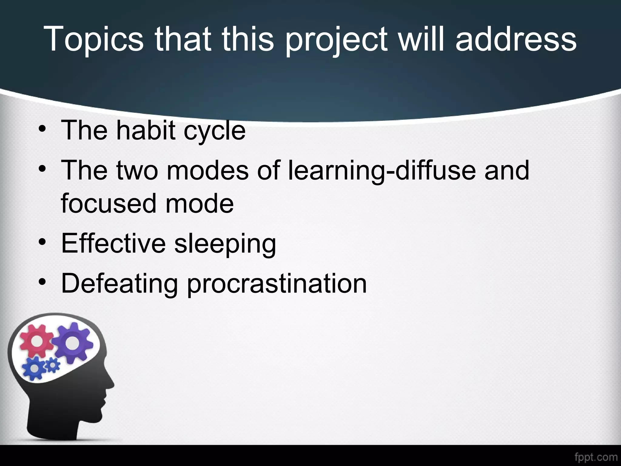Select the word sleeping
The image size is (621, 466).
[x=225, y=244]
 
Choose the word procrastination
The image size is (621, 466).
[x=277, y=284]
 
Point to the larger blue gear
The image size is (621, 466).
[x=34, y=368]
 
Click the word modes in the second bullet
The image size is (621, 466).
[x=207, y=171]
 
